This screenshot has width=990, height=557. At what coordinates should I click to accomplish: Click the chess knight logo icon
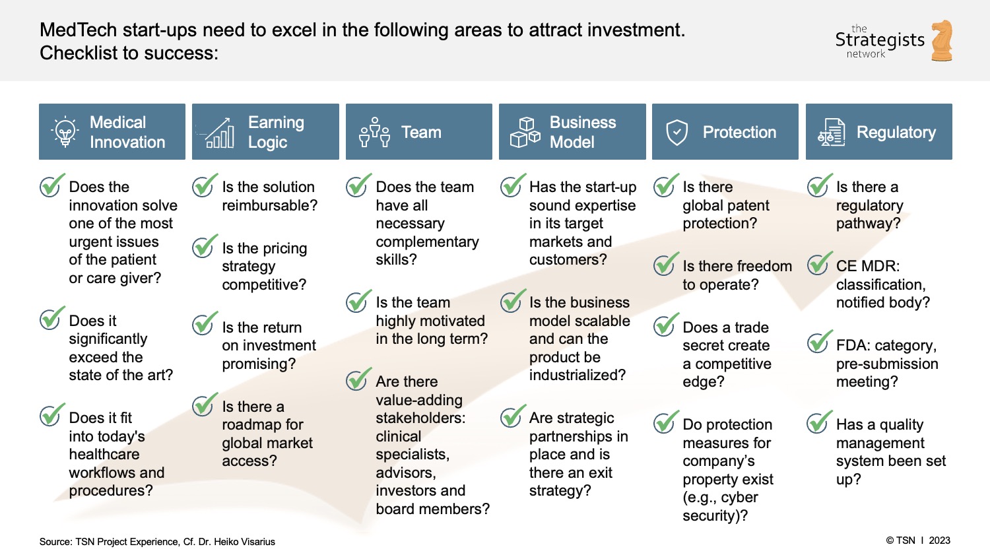coord(942,41)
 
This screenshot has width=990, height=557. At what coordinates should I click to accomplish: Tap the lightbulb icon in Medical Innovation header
coord(65,132)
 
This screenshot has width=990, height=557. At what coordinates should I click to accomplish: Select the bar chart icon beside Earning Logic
coord(220,133)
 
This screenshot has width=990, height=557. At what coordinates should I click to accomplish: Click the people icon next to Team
coord(374,132)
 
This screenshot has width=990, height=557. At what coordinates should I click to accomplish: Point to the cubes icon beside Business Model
coord(525,132)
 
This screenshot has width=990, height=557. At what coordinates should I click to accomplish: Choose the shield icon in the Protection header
coord(676,133)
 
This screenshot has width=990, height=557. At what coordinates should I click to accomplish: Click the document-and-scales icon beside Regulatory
coord(832,132)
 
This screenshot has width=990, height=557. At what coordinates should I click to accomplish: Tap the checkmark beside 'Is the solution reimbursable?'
coord(205,186)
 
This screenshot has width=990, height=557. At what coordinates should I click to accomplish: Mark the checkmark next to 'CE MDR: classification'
coord(819,265)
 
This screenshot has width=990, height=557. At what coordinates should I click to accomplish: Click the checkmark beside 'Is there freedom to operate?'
coord(666,265)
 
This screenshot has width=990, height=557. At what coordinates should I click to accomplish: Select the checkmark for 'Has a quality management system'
coord(819,423)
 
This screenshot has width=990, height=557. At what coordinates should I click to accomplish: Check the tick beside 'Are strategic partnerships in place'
coord(512,416)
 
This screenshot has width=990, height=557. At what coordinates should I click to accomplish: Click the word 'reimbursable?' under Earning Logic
coord(269,205)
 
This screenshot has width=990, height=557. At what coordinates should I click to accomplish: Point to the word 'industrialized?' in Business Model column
coord(577,375)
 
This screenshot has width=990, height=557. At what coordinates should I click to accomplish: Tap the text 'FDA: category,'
coord(886,345)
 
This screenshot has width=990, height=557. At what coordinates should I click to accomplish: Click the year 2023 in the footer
coord(939,540)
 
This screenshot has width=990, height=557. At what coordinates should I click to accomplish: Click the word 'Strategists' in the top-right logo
coord(880,40)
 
